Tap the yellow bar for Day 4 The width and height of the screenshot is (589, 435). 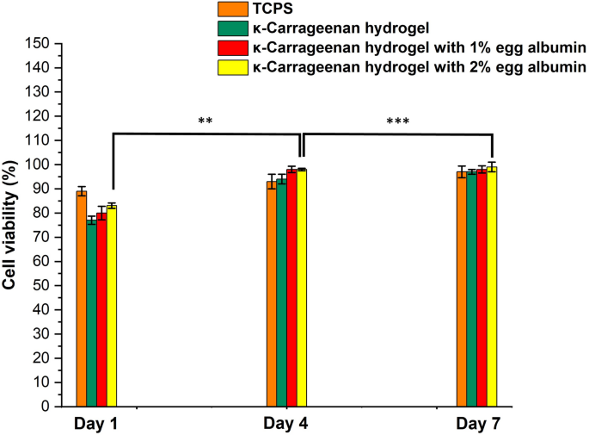click(x=302, y=288)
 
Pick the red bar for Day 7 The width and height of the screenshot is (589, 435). click(x=482, y=288)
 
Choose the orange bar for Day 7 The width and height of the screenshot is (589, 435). click(x=462, y=289)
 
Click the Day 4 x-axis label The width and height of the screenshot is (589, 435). click(x=286, y=424)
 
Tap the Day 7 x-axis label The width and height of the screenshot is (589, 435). click(x=477, y=424)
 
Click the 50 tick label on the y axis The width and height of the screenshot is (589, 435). click(x=42, y=285)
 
